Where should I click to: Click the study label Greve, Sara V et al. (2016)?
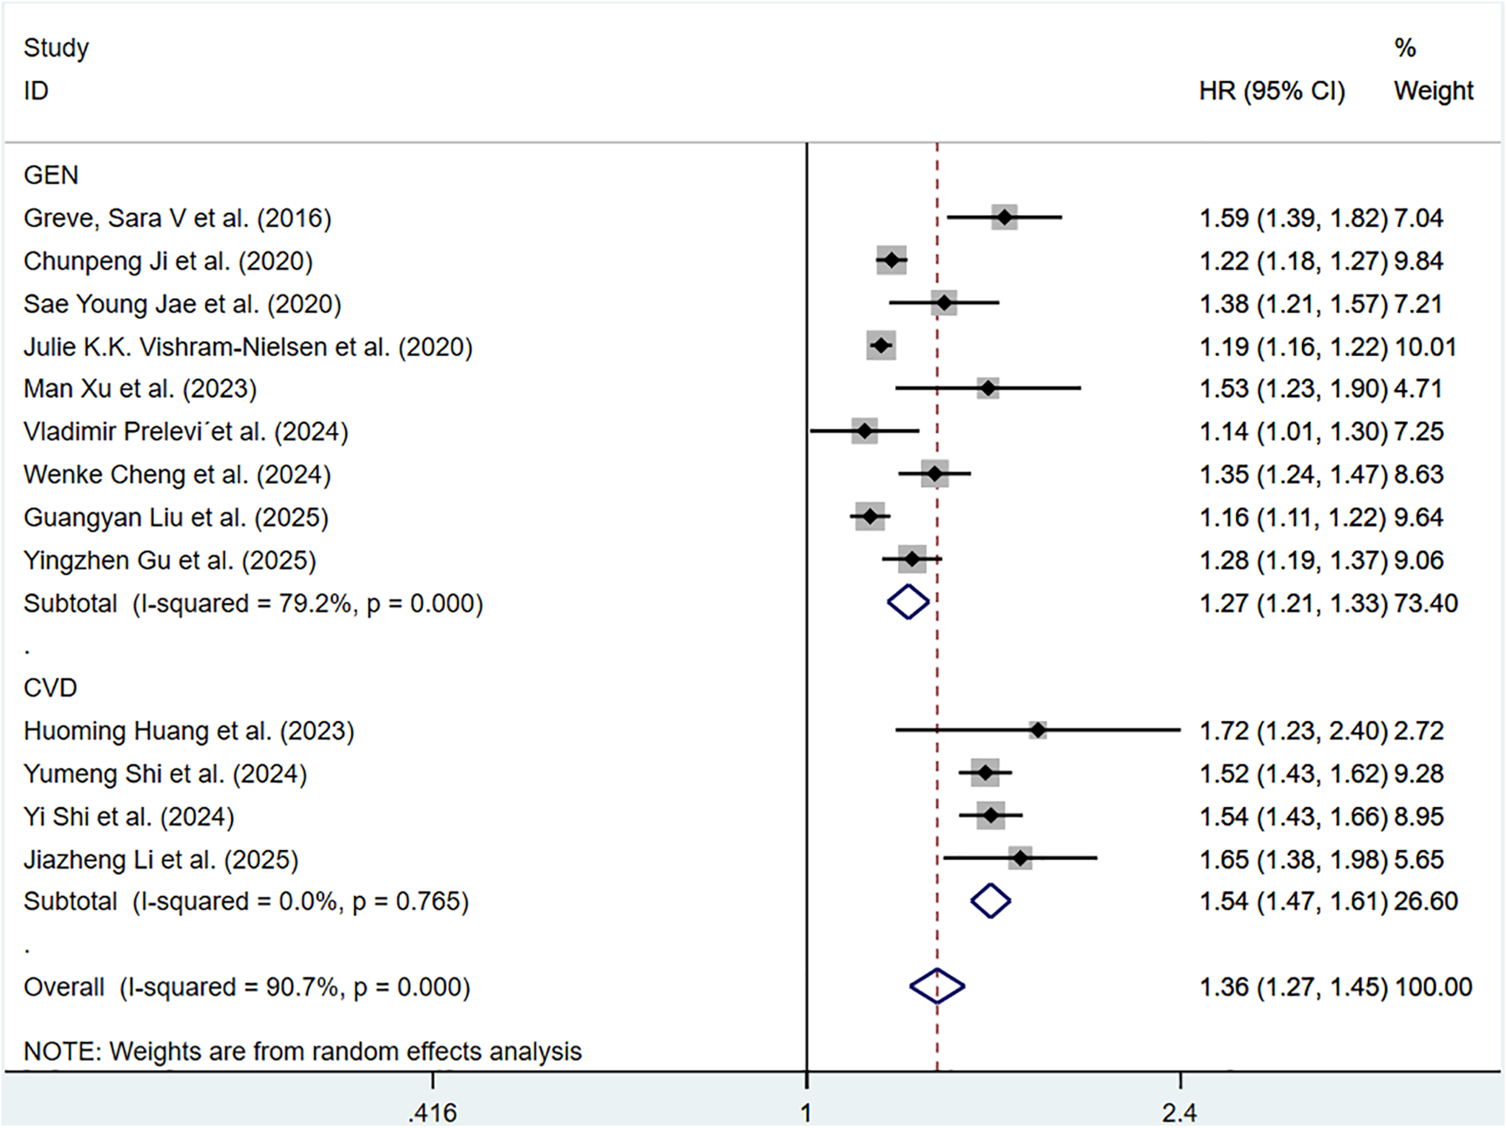point(177,219)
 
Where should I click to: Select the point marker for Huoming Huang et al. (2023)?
point(1037,730)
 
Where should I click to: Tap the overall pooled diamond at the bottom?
point(937,986)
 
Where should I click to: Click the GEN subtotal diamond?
point(908,602)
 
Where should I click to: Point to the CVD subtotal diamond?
point(990,901)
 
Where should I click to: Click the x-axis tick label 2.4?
point(1180,1112)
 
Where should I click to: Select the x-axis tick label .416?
point(433,1112)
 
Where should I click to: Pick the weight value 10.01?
point(1425,347)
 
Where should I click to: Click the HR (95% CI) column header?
point(1272,90)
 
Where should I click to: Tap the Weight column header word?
point(1433,90)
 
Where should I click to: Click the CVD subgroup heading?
point(50,688)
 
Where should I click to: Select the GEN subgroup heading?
point(51,175)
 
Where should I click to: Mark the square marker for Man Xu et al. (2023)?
point(988,389)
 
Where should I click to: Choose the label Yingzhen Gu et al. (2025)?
point(170,560)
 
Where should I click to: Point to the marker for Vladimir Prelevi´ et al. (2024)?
point(865,432)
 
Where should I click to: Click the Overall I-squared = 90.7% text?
point(247,987)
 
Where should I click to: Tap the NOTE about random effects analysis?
point(302,1051)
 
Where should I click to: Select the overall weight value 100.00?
point(1433,987)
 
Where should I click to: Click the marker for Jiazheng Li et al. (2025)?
point(1020,858)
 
